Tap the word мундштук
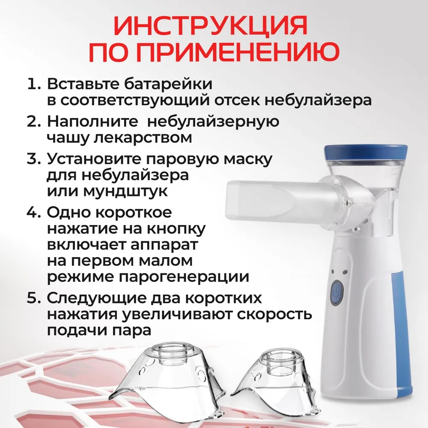tap(125, 191)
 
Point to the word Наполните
tap(92, 121)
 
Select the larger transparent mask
tap(168, 382)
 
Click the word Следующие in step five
tap(97, 298)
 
